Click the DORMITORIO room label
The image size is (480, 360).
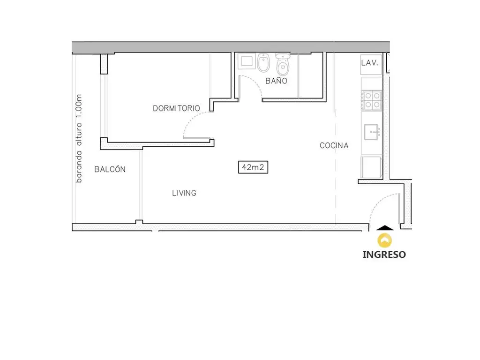(176, 108)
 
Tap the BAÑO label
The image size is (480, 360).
(276, 81)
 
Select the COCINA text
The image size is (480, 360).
(334, 145)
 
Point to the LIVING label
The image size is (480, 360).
(184, 193)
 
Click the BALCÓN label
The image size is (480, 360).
(110, 169)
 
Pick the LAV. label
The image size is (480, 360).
(369, 63)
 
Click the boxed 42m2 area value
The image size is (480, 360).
(253, 167)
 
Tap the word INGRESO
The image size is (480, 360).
(384, 255)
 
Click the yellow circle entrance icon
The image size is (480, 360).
(384, 240)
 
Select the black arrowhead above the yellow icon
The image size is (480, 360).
(385, 228)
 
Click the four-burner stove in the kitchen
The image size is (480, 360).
(372, 100)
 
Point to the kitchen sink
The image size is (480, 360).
(372, 132)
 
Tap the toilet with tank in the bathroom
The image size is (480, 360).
(283, 65)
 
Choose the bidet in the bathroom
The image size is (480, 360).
(263, 63)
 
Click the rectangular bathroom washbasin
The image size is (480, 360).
(247, 61)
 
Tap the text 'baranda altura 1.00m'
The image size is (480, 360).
(79, 138)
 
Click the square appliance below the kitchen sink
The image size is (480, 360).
(371, 167)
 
